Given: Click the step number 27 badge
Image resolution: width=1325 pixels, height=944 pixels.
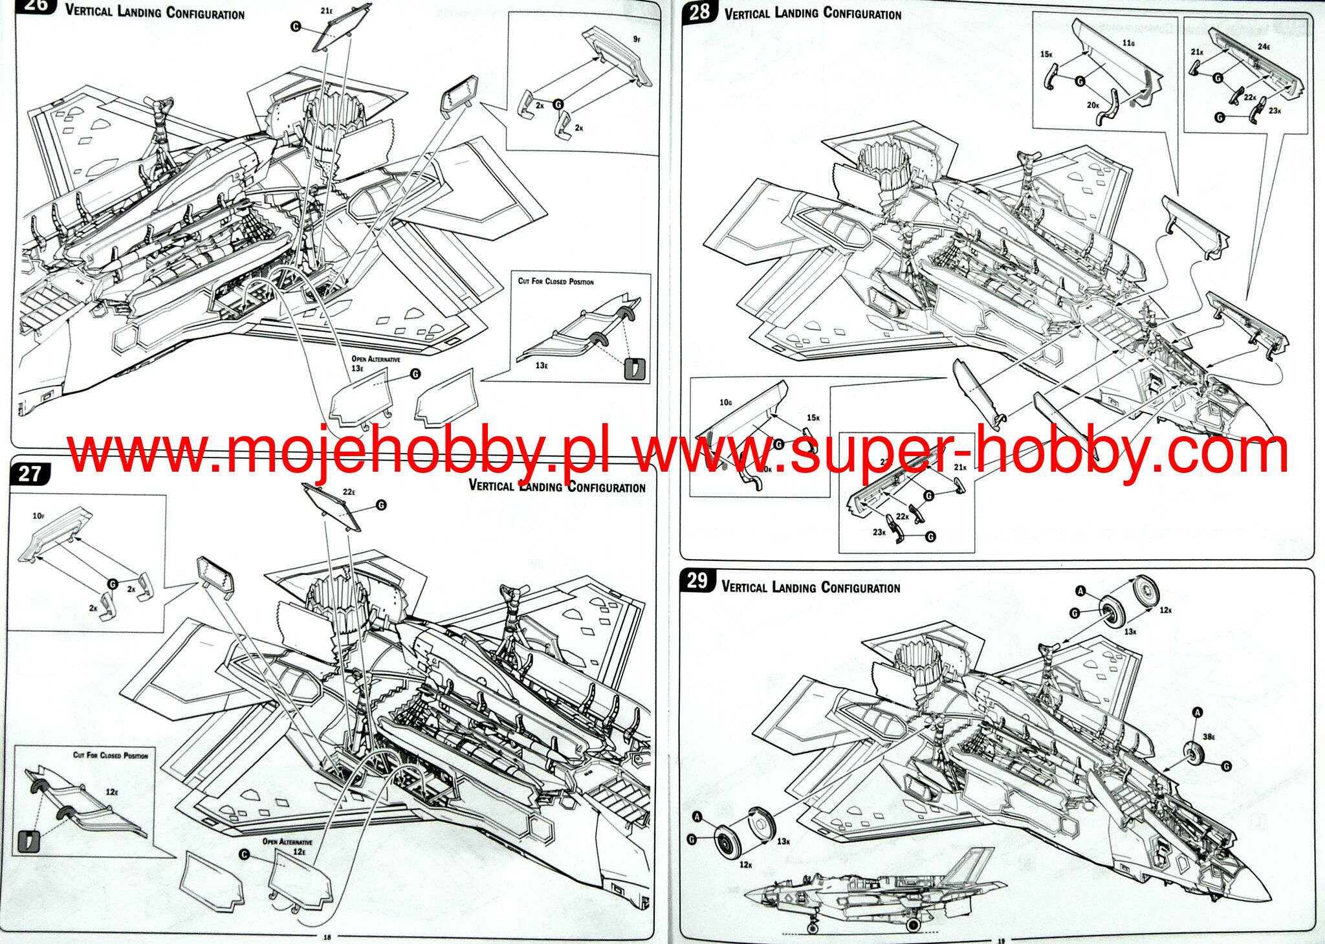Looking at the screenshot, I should [30, 474].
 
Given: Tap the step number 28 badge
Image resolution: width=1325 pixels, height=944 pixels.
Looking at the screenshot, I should [699, 12].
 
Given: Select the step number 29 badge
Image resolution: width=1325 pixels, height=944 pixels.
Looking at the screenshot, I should [697, 580].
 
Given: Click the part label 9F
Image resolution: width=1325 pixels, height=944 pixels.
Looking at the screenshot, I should [637, 39].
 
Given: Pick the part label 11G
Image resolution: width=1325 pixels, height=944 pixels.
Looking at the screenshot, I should [1128, 43].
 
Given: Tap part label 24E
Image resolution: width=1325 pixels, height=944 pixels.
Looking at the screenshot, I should [1264, 47].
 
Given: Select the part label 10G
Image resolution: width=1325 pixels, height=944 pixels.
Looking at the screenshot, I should [725, 402].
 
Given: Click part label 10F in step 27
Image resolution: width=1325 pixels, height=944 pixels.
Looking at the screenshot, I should [38, 516].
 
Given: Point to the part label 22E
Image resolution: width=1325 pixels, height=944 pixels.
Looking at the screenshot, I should [349, 492].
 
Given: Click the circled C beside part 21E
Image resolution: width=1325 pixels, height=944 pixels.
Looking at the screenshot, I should [296, 27].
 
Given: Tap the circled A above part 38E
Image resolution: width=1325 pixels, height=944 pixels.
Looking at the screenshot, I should [1197, 712].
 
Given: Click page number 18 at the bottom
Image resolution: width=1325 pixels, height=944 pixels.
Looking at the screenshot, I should [327, 936].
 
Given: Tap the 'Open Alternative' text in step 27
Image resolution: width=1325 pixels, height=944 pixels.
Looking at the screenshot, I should [287, 842].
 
